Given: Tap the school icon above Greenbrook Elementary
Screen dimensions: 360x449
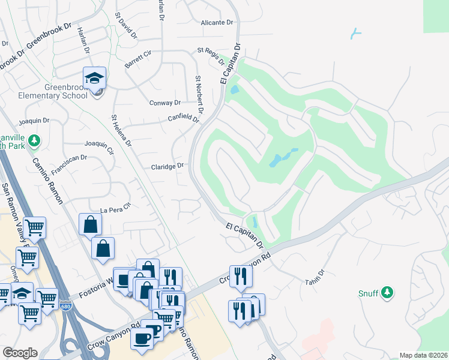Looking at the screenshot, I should click(94, 77).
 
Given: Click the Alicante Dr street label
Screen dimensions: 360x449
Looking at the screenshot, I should click(217, 23).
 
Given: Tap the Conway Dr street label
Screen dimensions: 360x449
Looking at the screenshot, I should click(164, 103).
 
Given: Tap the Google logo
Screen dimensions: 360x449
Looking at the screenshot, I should click(20, 353).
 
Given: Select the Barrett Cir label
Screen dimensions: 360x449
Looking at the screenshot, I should click(138, 58).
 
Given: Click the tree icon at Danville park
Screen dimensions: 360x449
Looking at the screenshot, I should click(34, 140).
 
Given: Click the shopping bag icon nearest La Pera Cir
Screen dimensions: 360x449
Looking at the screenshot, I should click(90, 224).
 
